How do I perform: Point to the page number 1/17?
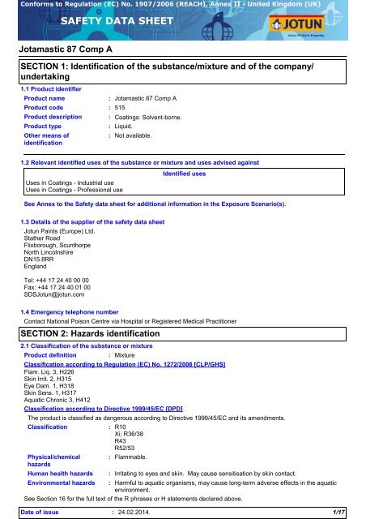coord(351,513)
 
